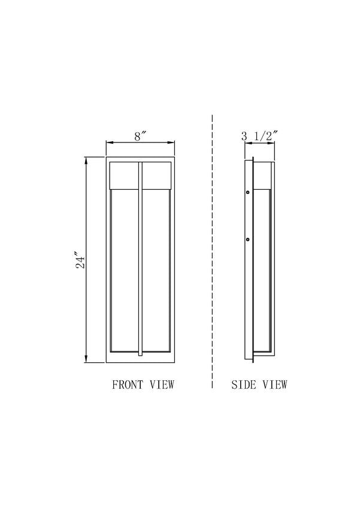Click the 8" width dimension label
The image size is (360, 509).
tap(140, 136)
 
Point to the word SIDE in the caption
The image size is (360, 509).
tap(244, 384)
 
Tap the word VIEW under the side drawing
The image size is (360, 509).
tap(274, 384)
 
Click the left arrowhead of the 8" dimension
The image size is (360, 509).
tap(108, 143)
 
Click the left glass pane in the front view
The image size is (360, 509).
tap(125, 269)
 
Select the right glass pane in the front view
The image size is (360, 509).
tap(156, 269)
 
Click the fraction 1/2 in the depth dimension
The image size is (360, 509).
tap(263, 136)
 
